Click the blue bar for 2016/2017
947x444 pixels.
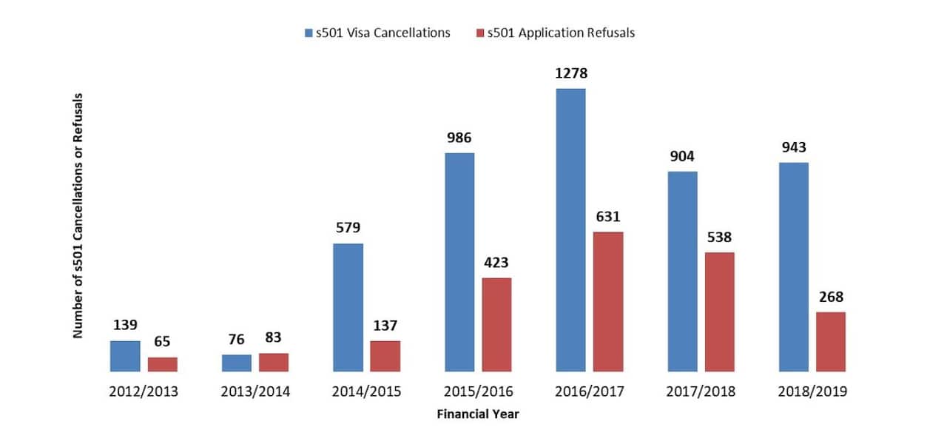pyautogui.click(x=570, y=229)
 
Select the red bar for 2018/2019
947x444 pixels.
pyautogui.click(x=831, y=341)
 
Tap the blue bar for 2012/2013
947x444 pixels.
pyautogui.click(x=125, y=356)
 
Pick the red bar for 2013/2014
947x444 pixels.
pyautogui.click(x=274, y=362)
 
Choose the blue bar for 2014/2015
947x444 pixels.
pyautogui.click(x=348, y=307)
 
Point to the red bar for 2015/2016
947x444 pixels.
pyautogui.click(x=496, y=324)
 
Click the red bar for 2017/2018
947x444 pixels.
pyautogui.click(x=719, y=312)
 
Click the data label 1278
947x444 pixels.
pyautogui.click(x=570, y=74)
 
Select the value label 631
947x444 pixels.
pyautogui.click(x=608, y=217)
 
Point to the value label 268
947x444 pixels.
pyautogui.click(x=831, y=297)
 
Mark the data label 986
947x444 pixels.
pyautogui.click(x=459, y=138)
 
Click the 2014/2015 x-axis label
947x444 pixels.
pyautogui.click(x=366, y=391)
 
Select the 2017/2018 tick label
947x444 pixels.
pyautogui.click(x=701, y=391)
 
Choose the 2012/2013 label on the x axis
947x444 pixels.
pyautogui.click(x=144, y=391)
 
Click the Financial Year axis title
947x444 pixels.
pyautogui.click(x=477, y=414)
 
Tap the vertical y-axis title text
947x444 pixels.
pyautogui.click(x=77, y=216)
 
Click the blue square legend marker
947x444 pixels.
pyautogui.click(x=309, y=33)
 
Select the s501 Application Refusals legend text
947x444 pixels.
pyautogui.click(x=561, y=33)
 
